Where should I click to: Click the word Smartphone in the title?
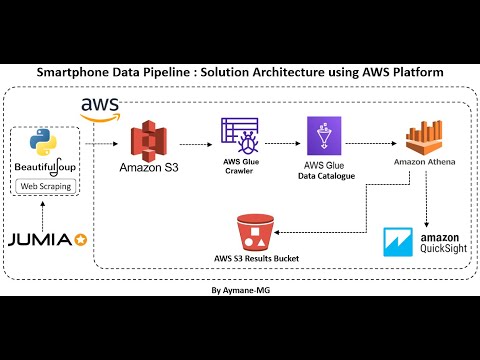[x=79, y=73]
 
